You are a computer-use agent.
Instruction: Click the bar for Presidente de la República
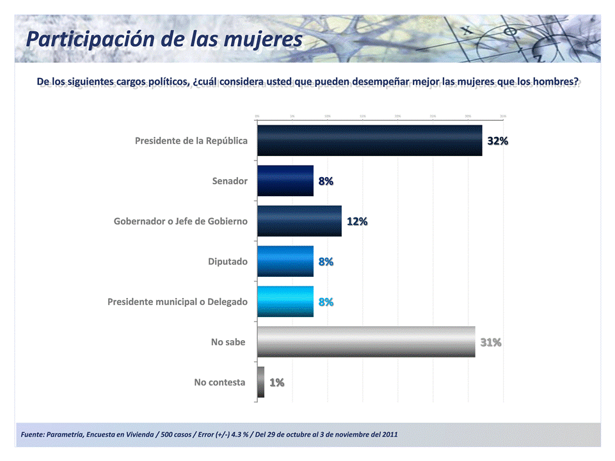(369, 141)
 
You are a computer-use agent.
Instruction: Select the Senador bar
(285, 181)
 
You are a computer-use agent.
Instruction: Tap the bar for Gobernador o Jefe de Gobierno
(300, 221)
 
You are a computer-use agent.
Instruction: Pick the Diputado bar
(285, 262)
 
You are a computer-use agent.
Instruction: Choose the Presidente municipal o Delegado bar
(285, 302)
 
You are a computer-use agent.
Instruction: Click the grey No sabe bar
(366, 342)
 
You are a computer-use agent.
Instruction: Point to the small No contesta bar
(260, 382)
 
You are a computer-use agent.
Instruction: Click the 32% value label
(498, 141)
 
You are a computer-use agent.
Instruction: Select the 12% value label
(357, 222)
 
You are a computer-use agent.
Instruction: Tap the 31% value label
(491, 343)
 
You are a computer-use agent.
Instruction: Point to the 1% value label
(277, 383)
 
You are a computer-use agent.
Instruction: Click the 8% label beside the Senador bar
(326, 182)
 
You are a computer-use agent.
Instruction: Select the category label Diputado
(227, 262)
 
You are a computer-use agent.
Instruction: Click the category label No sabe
(228, 342)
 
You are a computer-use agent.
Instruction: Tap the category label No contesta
(220, 382)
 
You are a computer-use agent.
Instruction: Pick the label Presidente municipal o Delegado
(177, 302)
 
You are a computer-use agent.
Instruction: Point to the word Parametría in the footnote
(65, 435)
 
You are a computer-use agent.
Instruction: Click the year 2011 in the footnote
(389, 435)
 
